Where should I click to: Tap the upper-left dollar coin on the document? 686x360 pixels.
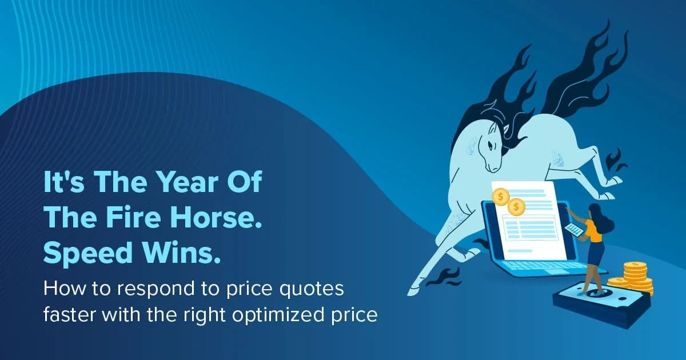click(x=501, y=197)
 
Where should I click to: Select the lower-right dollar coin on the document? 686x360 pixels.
click(x=517, y=206)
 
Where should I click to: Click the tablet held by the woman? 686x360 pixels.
click(x=574, y=230)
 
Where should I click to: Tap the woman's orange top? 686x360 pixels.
click(x=593, y=231)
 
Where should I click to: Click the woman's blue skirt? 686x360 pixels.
click(x=596, y=252)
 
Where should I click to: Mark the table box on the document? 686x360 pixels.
click(x=528, y=229)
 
